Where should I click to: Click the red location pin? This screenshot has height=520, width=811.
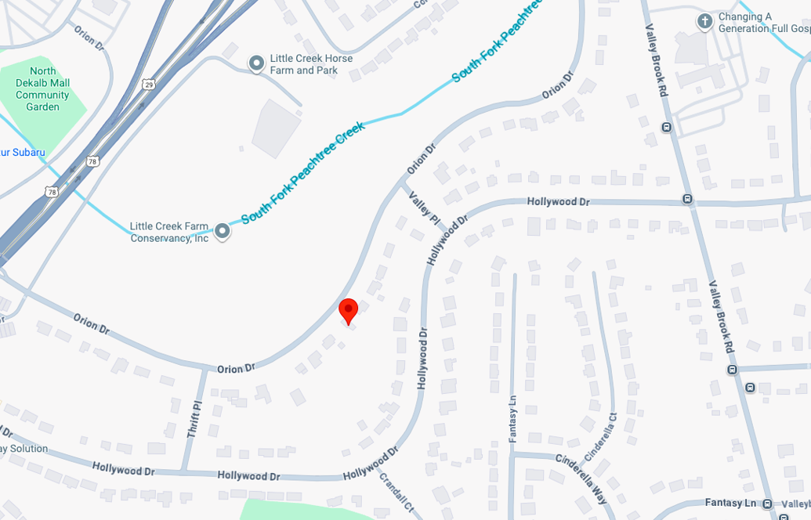coord(348,311)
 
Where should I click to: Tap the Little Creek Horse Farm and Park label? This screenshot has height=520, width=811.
coord(311,64)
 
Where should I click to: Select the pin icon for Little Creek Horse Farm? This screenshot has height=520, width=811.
coord(255,63)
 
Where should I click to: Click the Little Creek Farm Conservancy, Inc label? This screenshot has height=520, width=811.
coord(169,232)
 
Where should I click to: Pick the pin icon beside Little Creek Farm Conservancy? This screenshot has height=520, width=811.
coord(223,231)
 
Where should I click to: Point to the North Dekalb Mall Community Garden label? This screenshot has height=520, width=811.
coord(42,88)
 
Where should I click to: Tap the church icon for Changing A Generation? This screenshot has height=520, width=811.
coord(704,22)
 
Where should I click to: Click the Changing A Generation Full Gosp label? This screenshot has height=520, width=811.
coord(764,23)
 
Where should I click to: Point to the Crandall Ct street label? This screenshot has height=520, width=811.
coord(396,491)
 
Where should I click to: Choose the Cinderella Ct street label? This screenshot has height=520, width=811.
coord(600,436)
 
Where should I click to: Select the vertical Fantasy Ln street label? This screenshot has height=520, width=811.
coord(512,419)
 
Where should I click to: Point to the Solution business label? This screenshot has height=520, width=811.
coord(24,449)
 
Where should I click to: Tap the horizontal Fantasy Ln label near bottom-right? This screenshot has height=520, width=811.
coord(730,503)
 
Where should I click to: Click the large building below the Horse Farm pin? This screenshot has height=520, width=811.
coord(277,128)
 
